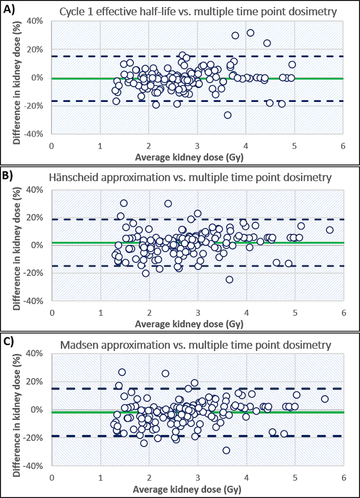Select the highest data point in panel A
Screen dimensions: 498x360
tap(250, 33)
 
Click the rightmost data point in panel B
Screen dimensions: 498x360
tap(330, 230)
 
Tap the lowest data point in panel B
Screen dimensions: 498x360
tap(229, 279)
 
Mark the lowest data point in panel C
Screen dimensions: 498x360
tap(226, 450)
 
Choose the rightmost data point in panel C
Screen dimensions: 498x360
tap(325, 399)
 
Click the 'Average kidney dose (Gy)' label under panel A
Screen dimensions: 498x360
tap(197, 155)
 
